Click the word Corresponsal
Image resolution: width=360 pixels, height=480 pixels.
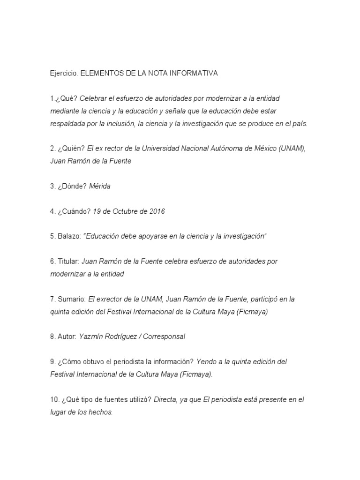165,336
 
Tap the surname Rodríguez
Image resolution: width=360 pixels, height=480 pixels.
123,336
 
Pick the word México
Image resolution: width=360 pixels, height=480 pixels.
263,149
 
